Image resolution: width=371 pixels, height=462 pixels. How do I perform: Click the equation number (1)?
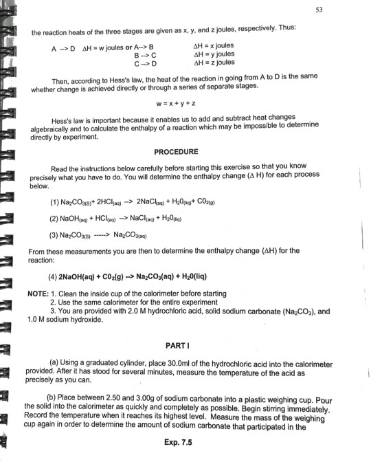pos(54,202)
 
